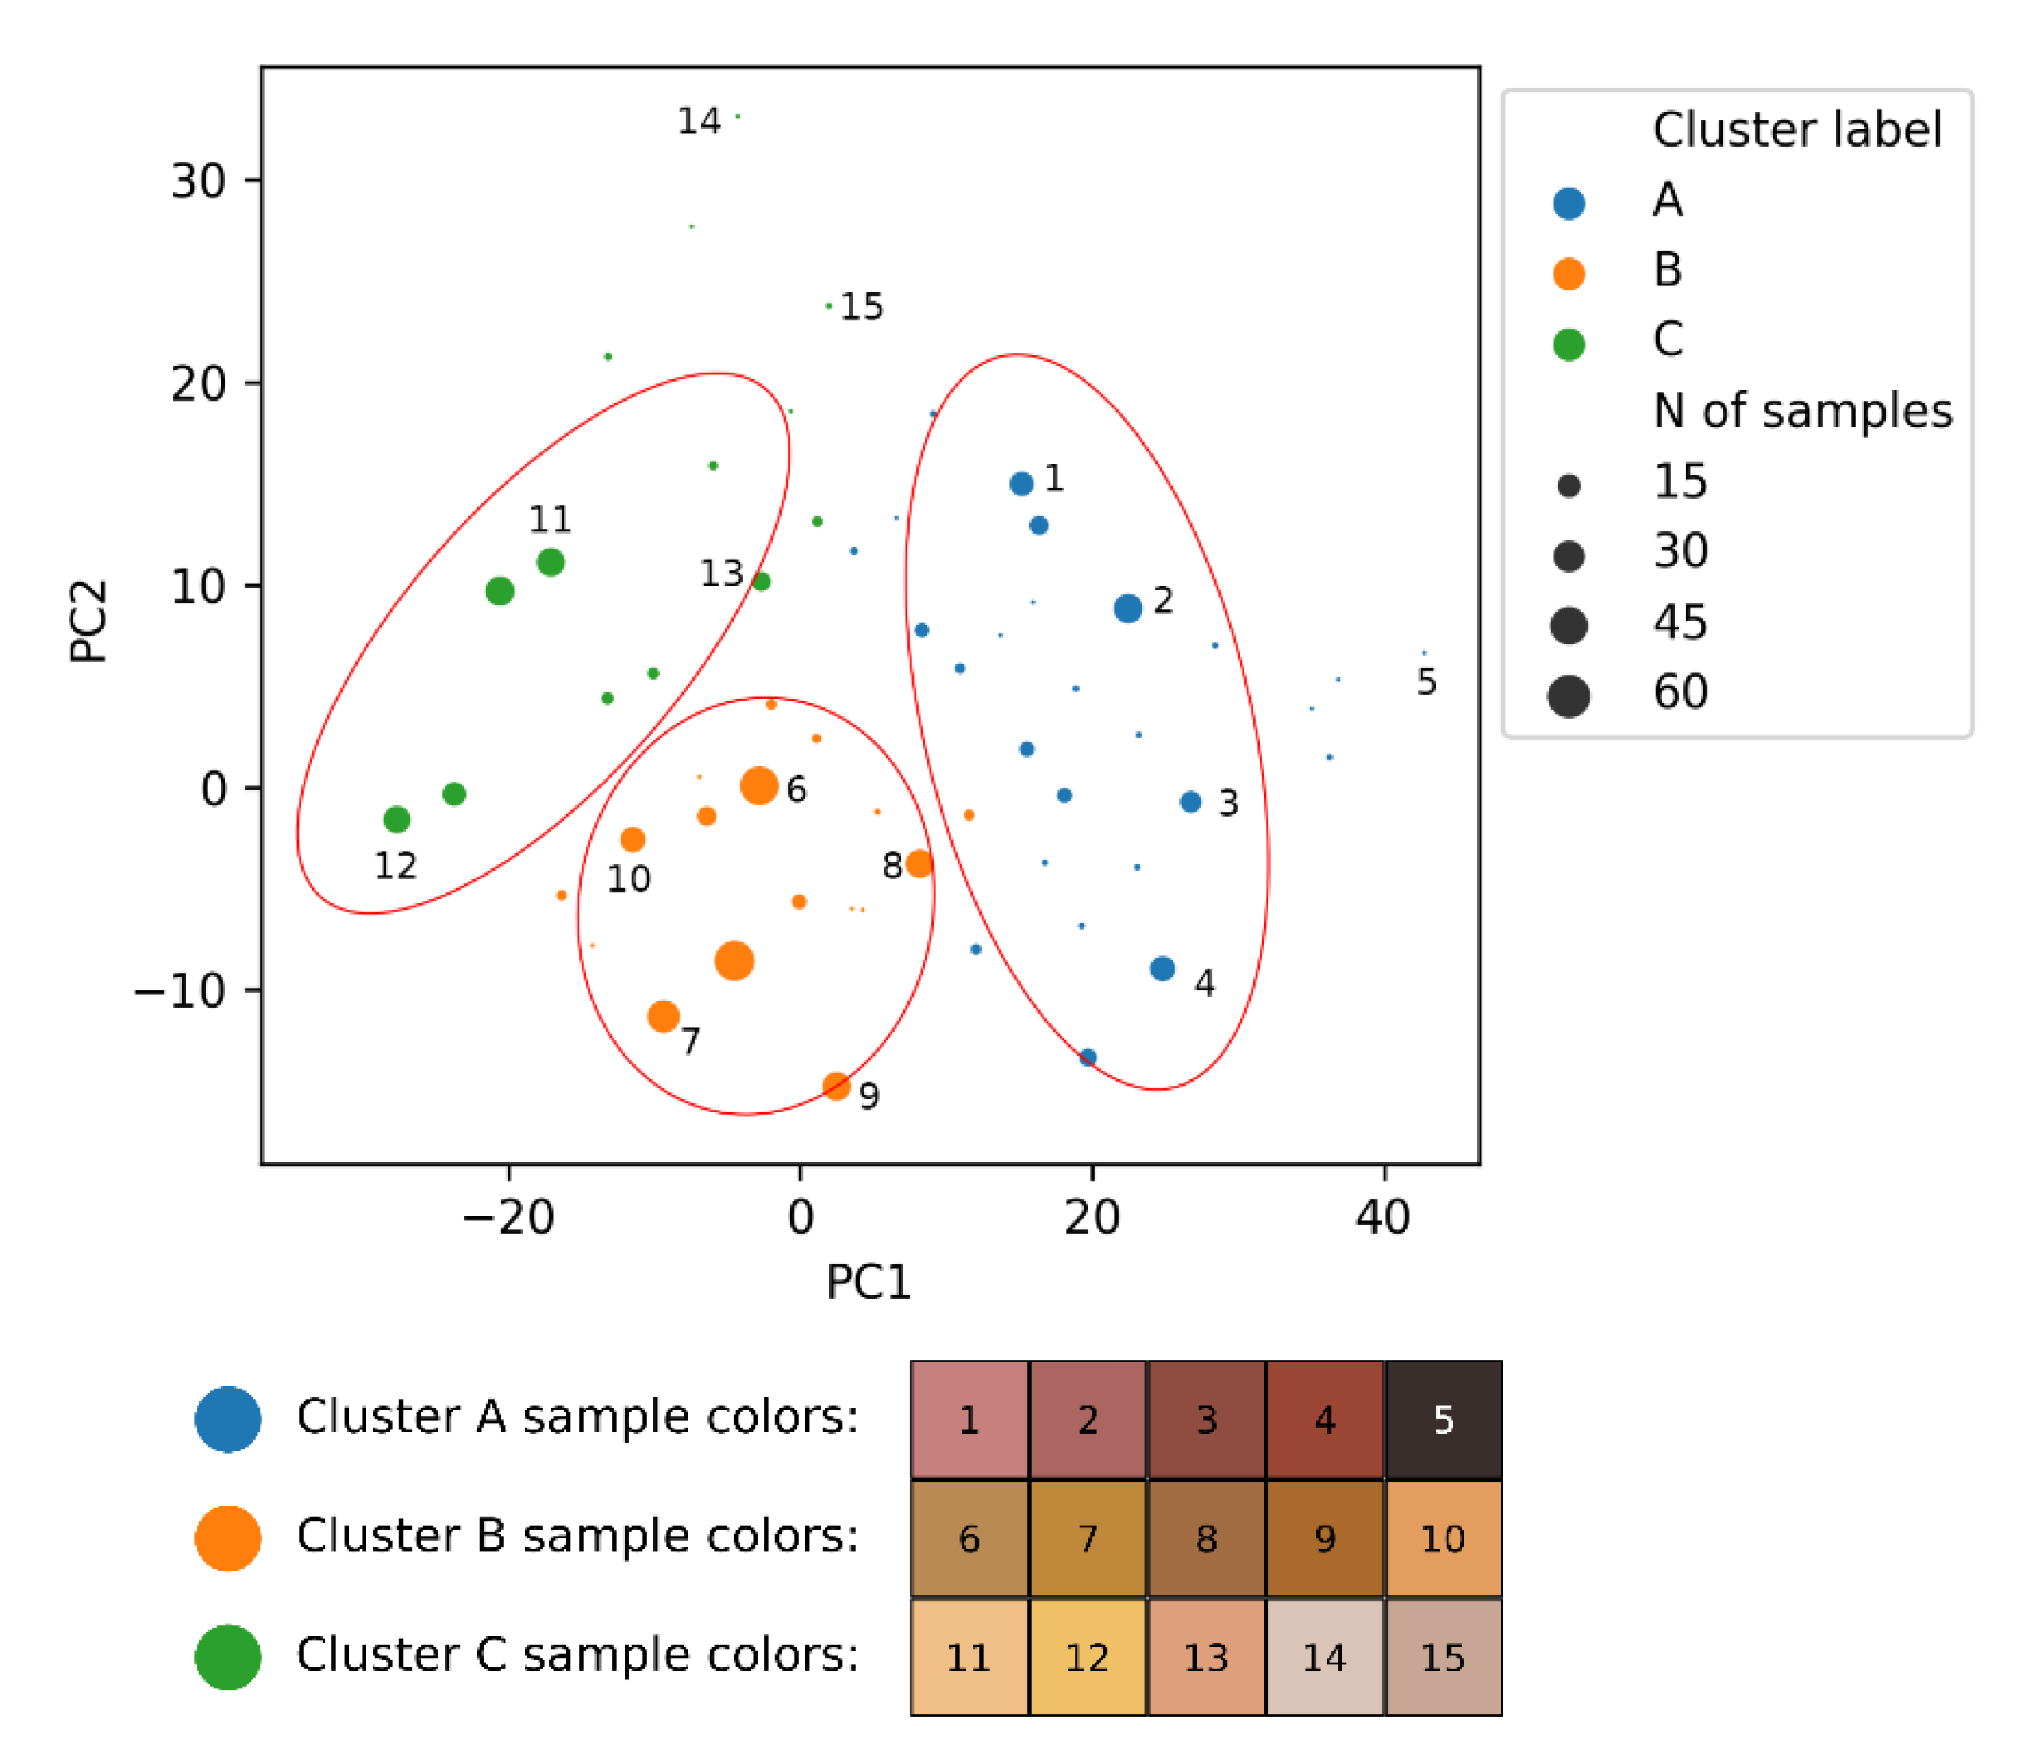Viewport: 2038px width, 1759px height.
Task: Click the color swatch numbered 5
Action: (x=1443, y=1420)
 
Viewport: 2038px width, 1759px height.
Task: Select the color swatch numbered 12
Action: (x=1087, y=1658)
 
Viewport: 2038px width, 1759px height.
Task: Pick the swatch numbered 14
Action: (x=1325, y=1658)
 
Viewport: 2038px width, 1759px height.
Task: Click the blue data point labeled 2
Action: (x=1128, y=608)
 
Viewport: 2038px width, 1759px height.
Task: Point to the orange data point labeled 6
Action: (x=759, y=786)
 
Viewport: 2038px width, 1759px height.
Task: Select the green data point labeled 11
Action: (x=551, y=562)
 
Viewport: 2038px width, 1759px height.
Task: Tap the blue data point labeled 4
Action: (x=1162, y=969)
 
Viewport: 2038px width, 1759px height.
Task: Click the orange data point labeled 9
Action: (x=836, y=1086)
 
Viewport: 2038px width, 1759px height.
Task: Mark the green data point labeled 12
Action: (x=397, y=820)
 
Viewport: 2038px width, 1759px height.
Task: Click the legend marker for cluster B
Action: (x=1569, y=273)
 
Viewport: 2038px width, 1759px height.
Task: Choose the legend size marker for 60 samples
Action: (x=1569, y=696)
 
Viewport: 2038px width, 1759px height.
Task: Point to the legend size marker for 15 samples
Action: (x=1569, y=486)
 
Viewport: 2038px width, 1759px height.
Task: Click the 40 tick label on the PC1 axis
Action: (x=1383, y=1218)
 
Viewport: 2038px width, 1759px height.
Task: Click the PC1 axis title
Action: (x=868, y=1282)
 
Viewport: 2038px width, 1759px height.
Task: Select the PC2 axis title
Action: (x=88, y=621)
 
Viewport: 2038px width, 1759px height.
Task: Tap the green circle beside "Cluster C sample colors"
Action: (x=228, y=1657)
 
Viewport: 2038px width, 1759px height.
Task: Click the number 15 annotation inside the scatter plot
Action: (x=861, y=307)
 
